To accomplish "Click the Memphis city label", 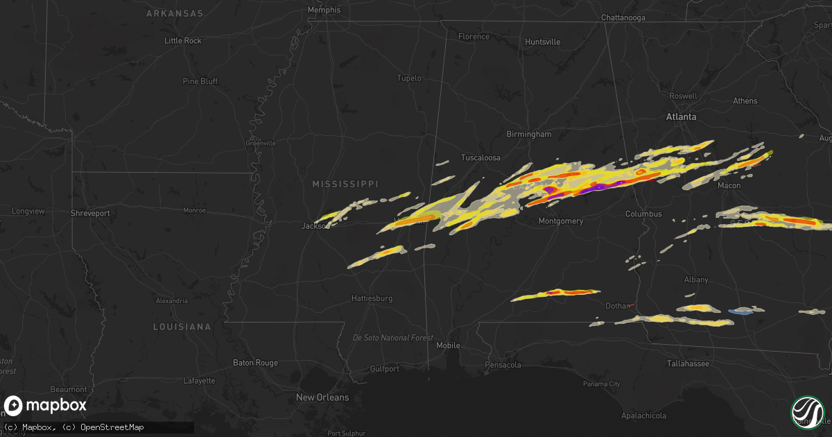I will tap(324, 10).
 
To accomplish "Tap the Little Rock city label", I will tap(183, 41).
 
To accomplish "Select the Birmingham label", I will tap(528, 134).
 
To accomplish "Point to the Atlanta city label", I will tap(681, 117).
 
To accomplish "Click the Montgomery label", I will tap(561, 221).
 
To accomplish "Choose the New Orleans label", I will tap(322, 397).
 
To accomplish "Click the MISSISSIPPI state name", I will tap(345, 184).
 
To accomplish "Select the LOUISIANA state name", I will tap(182, 326).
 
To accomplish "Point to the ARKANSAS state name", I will tap(175, 13).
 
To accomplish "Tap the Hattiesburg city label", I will tap(372, 298).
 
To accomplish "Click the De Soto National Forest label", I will tap(392, 338).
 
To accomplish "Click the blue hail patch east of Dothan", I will tap(742, 311).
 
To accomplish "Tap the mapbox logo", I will tap(46, 406).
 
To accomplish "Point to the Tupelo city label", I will tap(408, 78).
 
